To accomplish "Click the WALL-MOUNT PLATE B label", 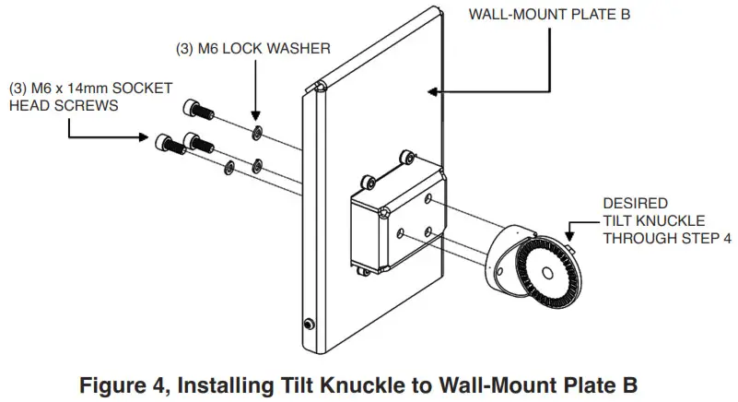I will click(x=554, y=15).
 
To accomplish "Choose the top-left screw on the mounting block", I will click(x=369, y=176).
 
